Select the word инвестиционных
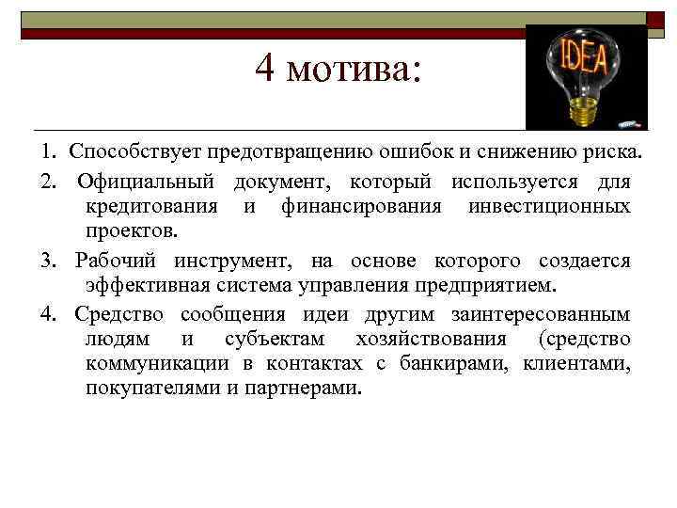tap(549, 206)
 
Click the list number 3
tap(46, 260)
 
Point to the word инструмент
tap(225, 260)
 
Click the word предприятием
tap(480, 285)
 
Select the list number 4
tap(47, 313)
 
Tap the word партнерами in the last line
tap(306, 389)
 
